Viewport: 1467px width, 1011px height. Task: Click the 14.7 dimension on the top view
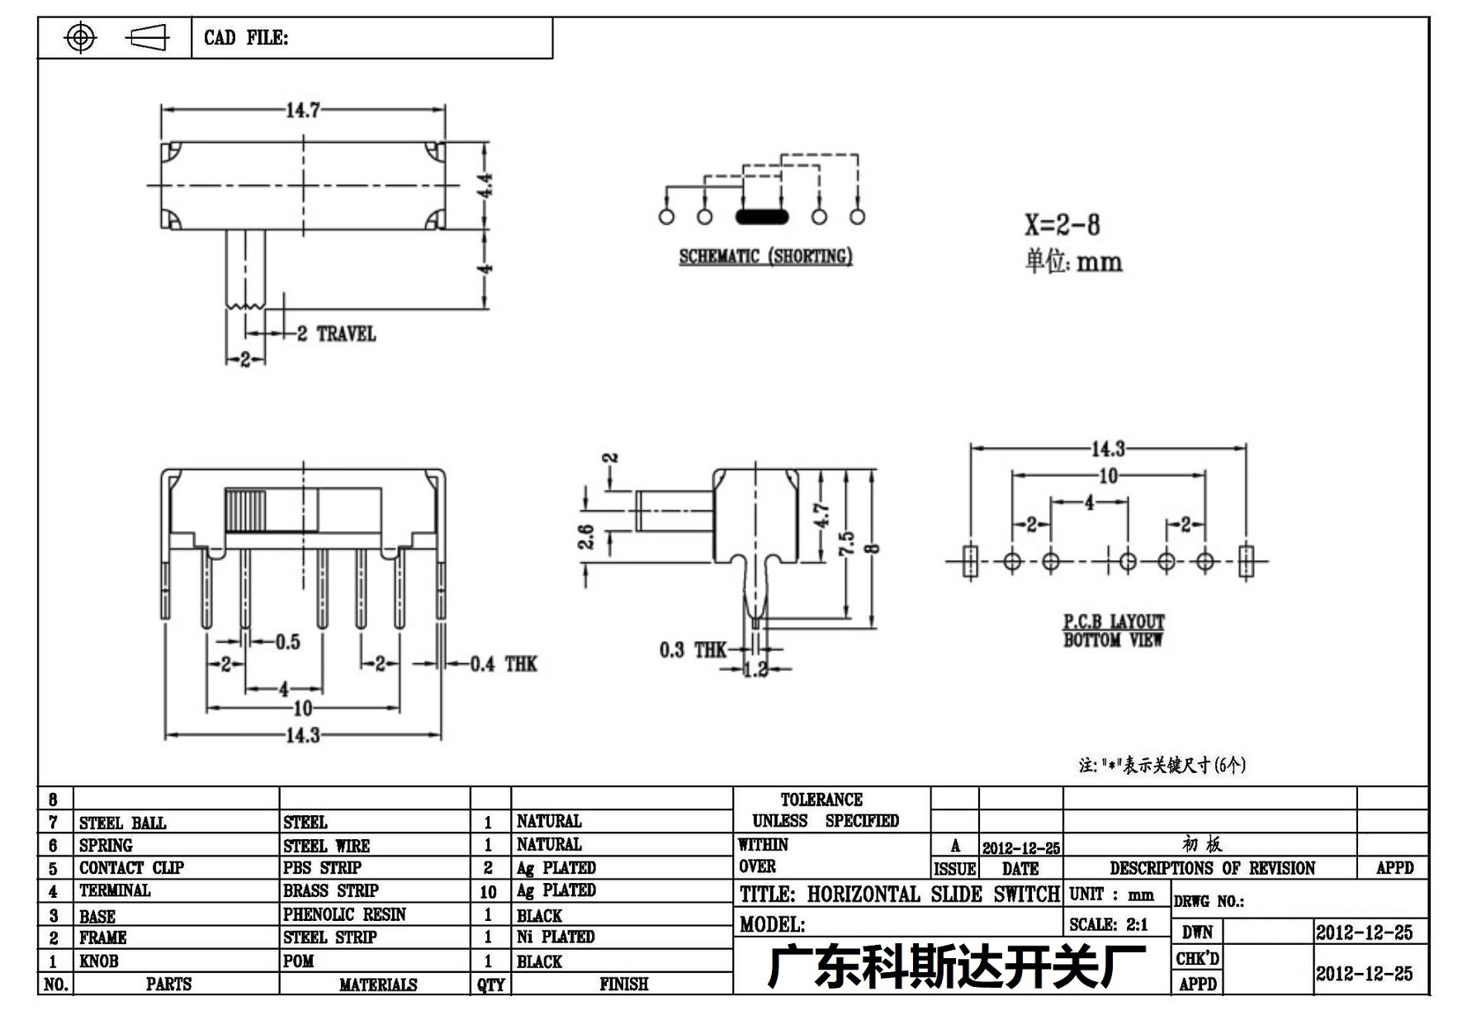pyautogui.click(x=303, y=110)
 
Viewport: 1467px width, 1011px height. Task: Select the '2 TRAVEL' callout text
pyautogui.click(x=336, y=334)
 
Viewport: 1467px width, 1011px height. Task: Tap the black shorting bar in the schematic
pyautogui.click(x=762, y=217)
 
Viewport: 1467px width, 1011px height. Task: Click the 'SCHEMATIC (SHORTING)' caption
pyautogui.click(x=765, y=256)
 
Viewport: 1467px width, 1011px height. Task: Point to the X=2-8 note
pyautogui.click(x=1062, y=225)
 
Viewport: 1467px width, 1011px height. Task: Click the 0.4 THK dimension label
pyautogui.click(x=504, y=664)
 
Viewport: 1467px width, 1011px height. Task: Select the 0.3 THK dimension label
pyautogui.click(x=693, y=650)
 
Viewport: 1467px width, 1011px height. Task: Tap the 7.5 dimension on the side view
pyautogui.click(x=846, y=543)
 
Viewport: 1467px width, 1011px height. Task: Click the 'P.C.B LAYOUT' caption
pyautogui.click(x=1114, y=621)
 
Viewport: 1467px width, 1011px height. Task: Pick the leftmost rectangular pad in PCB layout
pyautogui.click(x=970, y=561)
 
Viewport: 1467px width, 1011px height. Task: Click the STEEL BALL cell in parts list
pyautogui.click(x=122, y=823)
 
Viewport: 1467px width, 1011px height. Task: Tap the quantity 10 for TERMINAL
pyautogui.click(x=488, y=892)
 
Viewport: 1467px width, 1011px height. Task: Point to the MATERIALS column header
pyautogui.click(x=378, y=985)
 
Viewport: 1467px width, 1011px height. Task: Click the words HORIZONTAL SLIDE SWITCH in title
pyautogui.click(x=933, y=895)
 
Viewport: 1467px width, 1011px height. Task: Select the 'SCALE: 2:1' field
pyautogui.click(x=1108, y=924)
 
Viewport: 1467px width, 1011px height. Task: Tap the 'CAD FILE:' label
pyautogui.click(x=246, y=38)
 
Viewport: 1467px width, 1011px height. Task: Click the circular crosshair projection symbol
pyautogui.click(x=80, y=37)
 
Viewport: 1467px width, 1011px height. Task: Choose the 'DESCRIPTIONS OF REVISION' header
pyautogui.click(x=1212, y=868)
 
